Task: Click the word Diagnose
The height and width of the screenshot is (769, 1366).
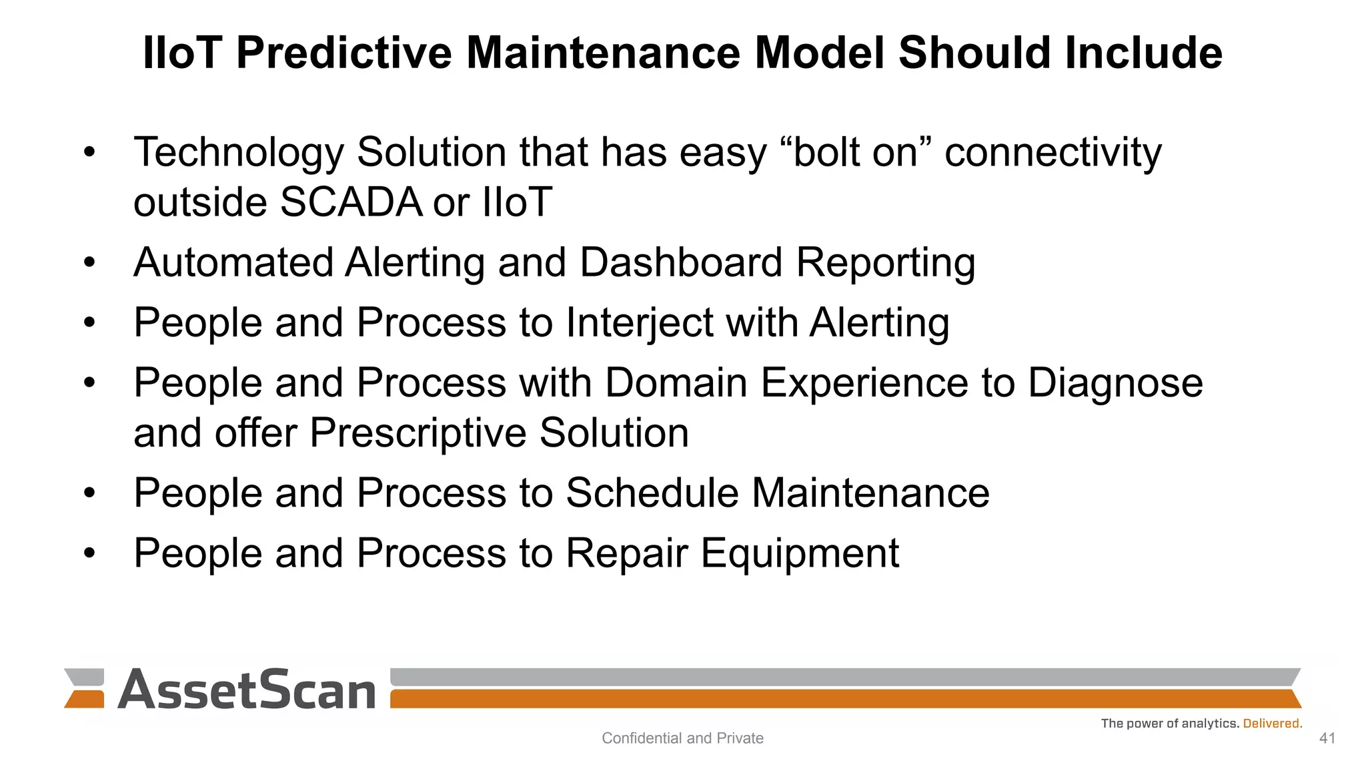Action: click(1115, 383)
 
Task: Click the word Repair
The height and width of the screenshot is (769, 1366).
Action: click(626, 553)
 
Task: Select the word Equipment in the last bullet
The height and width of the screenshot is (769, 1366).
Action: click(800, 553)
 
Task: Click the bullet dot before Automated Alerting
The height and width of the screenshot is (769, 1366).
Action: click(90, 263)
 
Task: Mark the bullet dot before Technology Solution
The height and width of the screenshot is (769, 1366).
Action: click(90, 153)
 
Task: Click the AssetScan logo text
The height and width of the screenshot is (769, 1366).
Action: click(247, 690)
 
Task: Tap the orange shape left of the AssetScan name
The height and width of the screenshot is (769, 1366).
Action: click(85, 699)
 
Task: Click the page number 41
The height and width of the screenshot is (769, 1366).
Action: click(1327, 738)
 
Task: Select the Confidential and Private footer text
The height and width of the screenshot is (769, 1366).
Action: click(682, 738)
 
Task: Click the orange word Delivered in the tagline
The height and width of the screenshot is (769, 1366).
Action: click(1272, 724)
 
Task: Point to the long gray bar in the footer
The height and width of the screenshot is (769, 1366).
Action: click(844, 676)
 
